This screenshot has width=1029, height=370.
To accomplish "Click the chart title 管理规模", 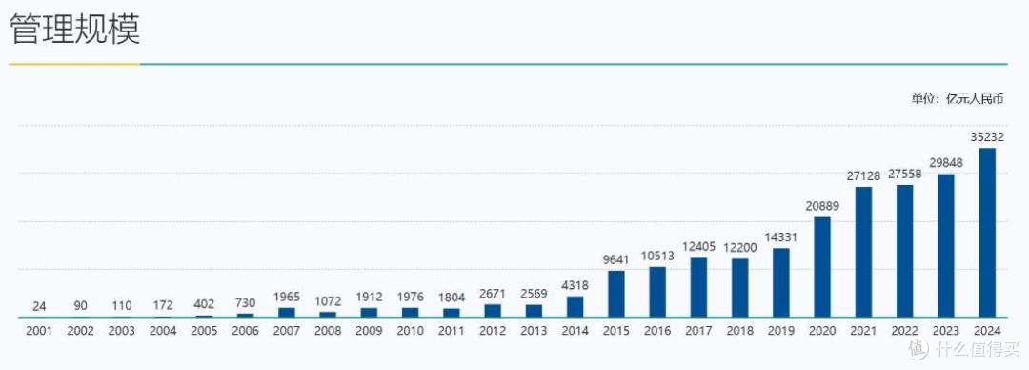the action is pos(75,30).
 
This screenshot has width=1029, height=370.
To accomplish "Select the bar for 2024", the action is pos(987,233).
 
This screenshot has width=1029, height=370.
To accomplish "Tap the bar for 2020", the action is pos(822,267).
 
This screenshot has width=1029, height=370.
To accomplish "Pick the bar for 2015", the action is pos(616,294).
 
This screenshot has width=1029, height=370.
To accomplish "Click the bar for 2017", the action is pos(699,287).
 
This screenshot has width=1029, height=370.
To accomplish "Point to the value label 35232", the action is pos(987,136).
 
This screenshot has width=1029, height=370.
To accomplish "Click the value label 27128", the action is pos(863,175).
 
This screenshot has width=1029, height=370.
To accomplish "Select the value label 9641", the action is pos(616,259).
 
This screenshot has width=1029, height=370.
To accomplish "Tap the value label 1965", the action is pos(287,297).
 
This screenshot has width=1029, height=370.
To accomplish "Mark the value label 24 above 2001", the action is pos(39,306).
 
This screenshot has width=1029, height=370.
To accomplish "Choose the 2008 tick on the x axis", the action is pos(328,331).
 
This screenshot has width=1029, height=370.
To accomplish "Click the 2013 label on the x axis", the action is pos(534,331).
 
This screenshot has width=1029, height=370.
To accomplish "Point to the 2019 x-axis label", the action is pos(781,331).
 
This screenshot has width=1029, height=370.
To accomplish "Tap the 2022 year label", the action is pos(904,331).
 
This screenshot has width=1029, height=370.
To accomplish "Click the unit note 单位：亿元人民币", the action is pos(958,99).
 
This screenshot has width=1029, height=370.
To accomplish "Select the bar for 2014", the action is pos(575,307).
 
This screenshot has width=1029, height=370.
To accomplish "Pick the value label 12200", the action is pos(739,248).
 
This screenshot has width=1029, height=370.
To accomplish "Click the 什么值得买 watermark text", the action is pos(977,349).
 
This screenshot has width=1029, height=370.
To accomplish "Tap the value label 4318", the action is pos(575,286).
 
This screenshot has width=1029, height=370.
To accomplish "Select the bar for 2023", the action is pos(946,246).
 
